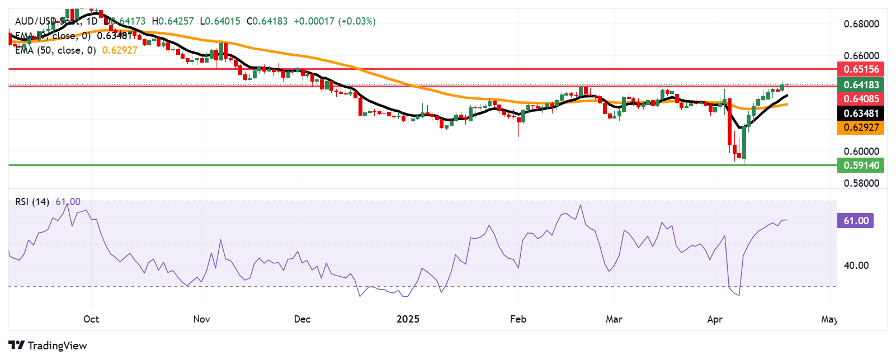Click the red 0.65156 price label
click(x=861, y=69)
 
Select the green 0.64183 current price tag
click(x=861, y=85)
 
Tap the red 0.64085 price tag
click(x=861, y=99)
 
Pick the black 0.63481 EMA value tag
click(x=861, y=113)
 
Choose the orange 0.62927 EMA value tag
click(x=861, y=127)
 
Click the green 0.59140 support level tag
click(x=861, y=165)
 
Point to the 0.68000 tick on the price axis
click(x=861, y=24)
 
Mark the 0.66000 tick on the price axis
click(x=861, y=56)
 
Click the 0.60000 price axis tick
click(x=861, y=151)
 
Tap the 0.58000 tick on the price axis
click(x=861, y=183)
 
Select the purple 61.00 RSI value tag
click(x=856, y=221)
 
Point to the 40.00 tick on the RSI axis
click(x=856, y=266)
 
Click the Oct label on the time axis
click(x=91, y=319)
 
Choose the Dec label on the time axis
click(x=302, y=319)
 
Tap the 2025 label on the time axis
click(x=408, y=319)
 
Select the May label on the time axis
click(x=829, y=319)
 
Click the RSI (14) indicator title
click(x=32, y=202)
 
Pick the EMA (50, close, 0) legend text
click(x=55, y=50)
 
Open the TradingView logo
click(x=48, y=345)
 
